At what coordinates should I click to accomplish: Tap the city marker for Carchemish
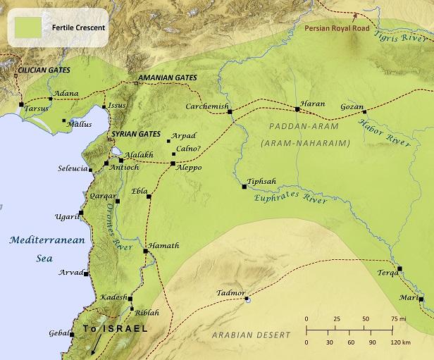[230, 111]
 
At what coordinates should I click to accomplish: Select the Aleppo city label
[188, 168]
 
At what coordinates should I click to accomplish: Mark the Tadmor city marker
[247, 300]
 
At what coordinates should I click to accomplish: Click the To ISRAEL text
[115, 329]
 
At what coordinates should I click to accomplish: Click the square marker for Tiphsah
[244, 187]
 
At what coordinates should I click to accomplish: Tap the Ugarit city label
[68, 217]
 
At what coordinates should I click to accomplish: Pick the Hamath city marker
[145, 251]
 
